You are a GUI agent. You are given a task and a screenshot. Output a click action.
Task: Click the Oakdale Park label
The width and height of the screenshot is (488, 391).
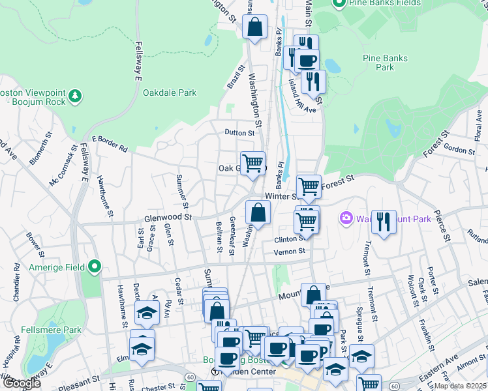click(170, 93)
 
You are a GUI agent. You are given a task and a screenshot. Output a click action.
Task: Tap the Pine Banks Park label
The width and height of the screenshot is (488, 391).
click(386, 63)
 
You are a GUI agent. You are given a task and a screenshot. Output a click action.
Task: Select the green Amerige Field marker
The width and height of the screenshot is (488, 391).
click(95, 266)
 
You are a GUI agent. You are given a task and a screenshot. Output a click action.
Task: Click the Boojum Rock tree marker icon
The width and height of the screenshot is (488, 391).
click(76, 96)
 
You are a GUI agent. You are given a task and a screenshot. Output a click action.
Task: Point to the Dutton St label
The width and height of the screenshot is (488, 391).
click(239, 132)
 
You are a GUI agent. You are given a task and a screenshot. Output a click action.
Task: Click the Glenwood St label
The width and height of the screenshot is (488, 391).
click(168, 217)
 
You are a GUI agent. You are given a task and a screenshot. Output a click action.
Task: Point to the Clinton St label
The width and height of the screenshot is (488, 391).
click(289, 239)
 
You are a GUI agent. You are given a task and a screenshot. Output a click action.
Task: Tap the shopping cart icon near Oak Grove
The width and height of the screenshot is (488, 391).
click(252, 162)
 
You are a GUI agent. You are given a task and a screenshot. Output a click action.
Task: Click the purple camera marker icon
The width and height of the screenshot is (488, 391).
click(345, 218)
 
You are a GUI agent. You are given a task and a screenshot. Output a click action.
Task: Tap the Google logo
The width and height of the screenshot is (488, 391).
click(21, 383)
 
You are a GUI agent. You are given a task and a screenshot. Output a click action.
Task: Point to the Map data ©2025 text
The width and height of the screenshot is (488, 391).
click(461, 386)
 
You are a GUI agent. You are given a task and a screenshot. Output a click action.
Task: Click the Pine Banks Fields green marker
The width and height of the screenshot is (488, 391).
click(339, 4)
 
